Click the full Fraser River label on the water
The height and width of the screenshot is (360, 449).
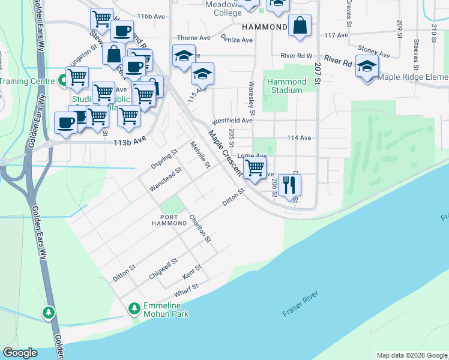(303, 304)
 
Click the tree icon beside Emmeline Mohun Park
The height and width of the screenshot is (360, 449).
(134, 308)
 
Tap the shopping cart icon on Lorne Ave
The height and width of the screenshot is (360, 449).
(255, 169)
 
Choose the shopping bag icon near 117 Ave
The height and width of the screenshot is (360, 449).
(300, 26)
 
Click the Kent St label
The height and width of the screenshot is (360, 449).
(191, 274)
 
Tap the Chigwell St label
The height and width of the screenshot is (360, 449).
(163, 269)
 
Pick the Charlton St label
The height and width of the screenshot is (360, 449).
(200, 229)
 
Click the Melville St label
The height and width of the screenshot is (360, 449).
(200, 155)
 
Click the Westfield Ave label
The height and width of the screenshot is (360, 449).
(232, 120)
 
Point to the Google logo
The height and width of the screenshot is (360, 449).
(20, 353)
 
